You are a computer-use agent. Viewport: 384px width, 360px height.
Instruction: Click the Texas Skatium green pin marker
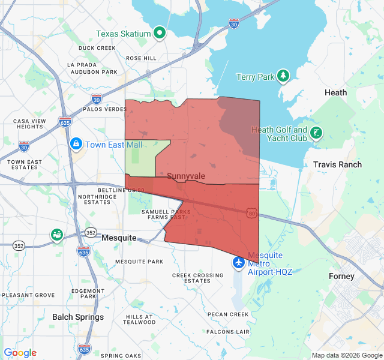[160, 34]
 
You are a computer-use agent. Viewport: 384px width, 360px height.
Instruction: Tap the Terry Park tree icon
[283, 76]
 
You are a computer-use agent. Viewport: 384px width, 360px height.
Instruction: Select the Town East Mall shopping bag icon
[76, 144]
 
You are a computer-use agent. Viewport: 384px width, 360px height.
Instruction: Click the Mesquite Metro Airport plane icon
[239, 263]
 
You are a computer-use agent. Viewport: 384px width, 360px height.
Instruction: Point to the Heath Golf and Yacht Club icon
[316, 134]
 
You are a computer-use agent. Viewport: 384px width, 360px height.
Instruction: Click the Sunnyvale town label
[186, 176]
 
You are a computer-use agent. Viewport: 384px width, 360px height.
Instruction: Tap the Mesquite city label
[119, 238]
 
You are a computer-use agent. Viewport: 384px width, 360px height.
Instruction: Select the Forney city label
[341, 277]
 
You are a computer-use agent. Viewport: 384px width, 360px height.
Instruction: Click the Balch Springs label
[78, 317]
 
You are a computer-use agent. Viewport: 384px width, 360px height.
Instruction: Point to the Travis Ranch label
[337, 164]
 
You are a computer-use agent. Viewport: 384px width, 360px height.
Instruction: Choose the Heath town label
[335, 92]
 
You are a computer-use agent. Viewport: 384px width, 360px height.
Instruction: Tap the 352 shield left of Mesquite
[91, 232]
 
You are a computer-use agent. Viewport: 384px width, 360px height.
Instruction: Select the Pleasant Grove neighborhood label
[28, 295]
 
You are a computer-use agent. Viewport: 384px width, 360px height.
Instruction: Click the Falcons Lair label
[227, 331]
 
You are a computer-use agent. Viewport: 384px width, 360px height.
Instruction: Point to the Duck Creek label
[97, 48]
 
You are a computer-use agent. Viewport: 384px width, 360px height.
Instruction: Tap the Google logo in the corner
[20, 353]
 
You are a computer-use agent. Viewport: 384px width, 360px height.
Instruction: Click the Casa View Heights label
[29, 124]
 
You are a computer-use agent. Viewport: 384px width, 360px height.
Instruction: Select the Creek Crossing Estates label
[197, 278]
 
